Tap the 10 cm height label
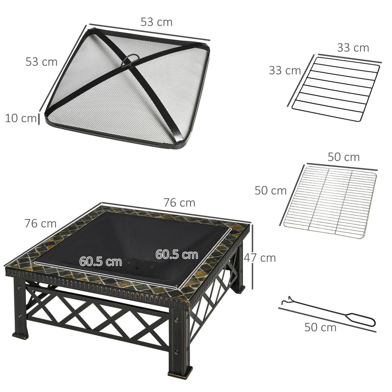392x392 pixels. pos(21,118)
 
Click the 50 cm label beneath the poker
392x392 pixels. pos(320,327)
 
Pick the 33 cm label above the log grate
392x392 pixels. pos(353,48)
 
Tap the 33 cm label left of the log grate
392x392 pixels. pos(285,70)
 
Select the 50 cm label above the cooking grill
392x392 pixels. pos(343,157)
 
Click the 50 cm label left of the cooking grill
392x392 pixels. pos(270,191)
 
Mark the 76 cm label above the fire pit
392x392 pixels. pos(179,202)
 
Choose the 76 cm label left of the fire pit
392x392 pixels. pos(41,223)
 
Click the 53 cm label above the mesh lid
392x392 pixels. pos(156,22)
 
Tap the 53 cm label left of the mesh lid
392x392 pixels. pos(42,62)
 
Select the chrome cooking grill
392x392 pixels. pos(331,201)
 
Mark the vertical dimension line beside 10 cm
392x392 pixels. pos(39,119)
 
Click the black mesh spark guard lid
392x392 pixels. pos(130,93)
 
